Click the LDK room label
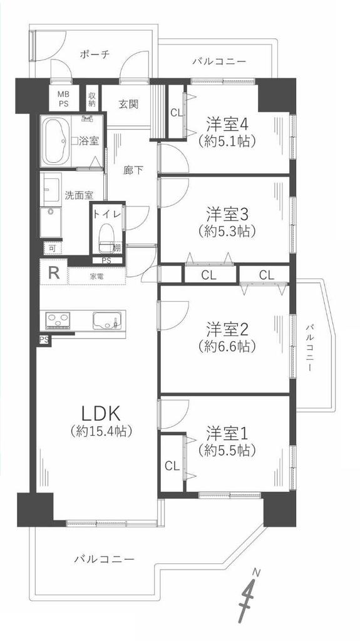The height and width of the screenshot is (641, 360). tap(100, 414)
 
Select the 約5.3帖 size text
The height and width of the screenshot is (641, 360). tap(227, 232)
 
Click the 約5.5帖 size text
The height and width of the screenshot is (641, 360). tap(227, 450)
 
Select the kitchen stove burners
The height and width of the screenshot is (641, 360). tap(58, 320)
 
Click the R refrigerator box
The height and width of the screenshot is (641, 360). tap(53, 273)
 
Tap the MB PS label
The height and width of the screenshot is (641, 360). tap(63, 98)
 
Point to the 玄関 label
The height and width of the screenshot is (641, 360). tap(128, 105)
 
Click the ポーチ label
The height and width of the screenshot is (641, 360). tap(95, 54)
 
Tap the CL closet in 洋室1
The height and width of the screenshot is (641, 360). tap(172, 466)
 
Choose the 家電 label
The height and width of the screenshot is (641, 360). tap(96, 277)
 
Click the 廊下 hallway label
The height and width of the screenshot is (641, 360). tap(133, 170)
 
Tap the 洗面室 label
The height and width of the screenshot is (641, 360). tap(80, 195)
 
